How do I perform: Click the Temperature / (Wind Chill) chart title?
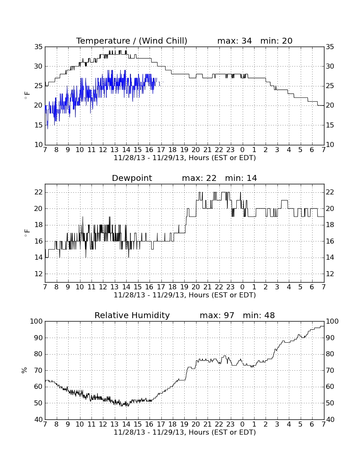132,41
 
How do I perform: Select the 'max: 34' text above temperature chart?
234,41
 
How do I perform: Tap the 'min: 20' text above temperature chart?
276,41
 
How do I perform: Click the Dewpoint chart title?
132,178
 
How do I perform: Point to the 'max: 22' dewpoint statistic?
199,178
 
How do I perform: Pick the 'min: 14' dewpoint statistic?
241,178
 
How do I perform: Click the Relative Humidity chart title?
132,315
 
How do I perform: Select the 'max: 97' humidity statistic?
217,315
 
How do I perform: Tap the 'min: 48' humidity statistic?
259,315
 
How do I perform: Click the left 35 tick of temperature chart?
39,47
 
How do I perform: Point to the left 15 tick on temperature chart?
39,125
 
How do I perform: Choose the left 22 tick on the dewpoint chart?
39,193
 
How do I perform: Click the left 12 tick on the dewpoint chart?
39,274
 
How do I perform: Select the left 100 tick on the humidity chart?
36,321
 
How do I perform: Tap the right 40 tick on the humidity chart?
330,420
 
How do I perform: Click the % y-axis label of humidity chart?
24,370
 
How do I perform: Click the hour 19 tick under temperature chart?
184,150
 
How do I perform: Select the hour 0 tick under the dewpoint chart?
242,287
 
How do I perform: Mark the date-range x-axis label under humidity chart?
185,432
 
